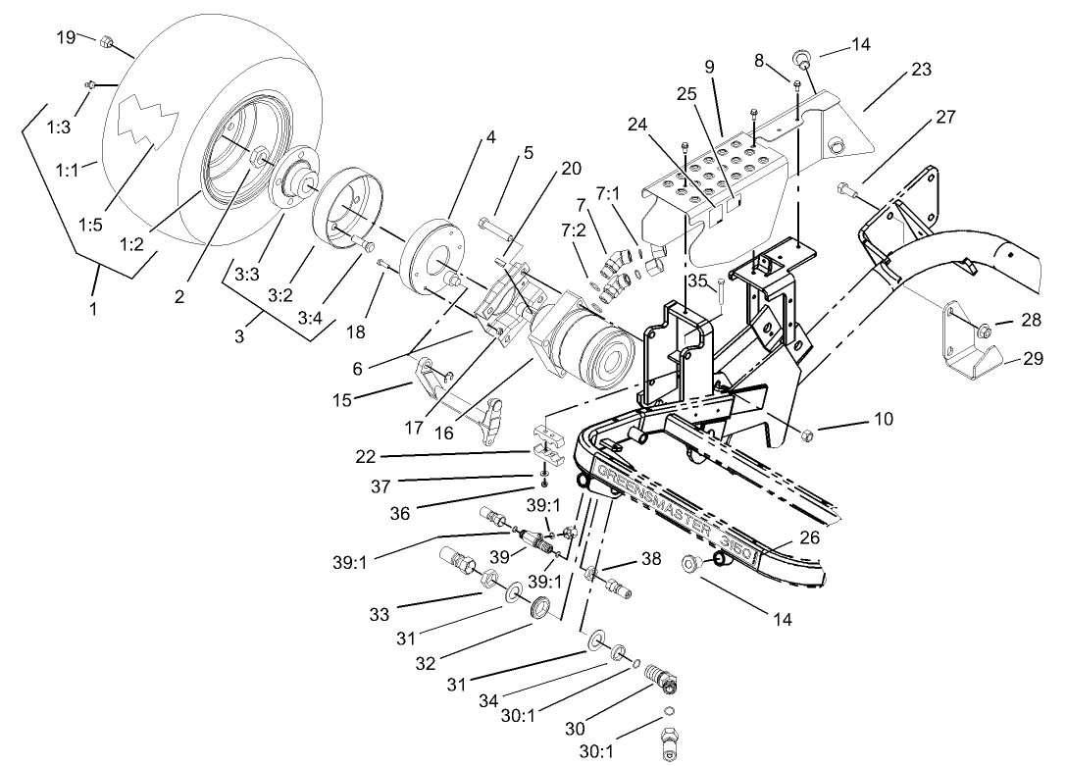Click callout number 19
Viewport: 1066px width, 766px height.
[66, 37]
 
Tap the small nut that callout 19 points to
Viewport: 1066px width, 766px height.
[109, 42]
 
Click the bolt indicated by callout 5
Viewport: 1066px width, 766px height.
[491, 227]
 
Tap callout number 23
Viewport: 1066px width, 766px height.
[921, 70]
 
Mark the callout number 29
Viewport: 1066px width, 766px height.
[1032, 359]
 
